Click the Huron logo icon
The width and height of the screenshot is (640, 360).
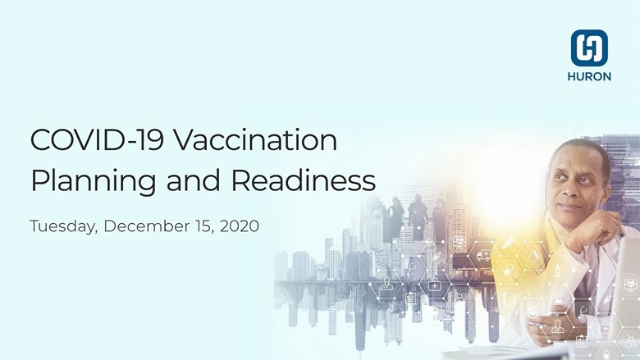click(x=589, y=48)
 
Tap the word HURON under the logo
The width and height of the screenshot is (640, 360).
click(x=589, y=76)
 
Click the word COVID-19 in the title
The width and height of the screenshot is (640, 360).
click(x=97, y=140)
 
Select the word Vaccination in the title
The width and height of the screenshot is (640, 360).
click(x=255, y=140)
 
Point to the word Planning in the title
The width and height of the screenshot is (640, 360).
click(x=93, y=180)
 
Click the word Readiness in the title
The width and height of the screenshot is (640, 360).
click(x=304, y=180)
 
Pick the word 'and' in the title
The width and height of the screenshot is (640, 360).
click(x=194, y=180)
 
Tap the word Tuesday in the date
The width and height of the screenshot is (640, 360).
click(x=63, y=226)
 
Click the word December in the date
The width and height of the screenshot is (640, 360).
click(x=147, y=226)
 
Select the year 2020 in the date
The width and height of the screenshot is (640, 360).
click(x=240, y=226)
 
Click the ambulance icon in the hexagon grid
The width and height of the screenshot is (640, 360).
click(x=483, y=255)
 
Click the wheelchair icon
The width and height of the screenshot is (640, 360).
click(x=630, y=342)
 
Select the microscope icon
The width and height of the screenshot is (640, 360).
click(x=557, y=270)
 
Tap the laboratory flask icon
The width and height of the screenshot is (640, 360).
click(x=558, y=298)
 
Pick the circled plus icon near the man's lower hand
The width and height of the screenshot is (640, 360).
click(x=533, y=312)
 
